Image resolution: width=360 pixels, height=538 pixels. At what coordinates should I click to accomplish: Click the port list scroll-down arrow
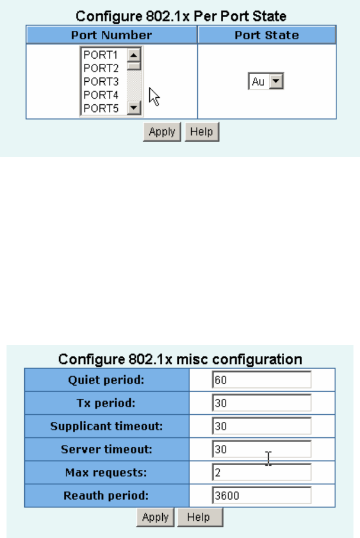point(133,108)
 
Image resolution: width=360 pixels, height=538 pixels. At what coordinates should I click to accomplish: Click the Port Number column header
point(111,35)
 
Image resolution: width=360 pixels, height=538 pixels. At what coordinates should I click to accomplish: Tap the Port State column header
point(266,35)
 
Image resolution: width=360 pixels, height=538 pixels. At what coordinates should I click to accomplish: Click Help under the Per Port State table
point(202,132)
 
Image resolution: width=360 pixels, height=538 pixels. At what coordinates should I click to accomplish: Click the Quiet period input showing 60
point(261,380)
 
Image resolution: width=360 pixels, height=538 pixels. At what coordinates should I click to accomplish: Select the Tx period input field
point(261,403)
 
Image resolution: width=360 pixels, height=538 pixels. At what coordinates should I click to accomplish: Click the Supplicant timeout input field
point(261,426)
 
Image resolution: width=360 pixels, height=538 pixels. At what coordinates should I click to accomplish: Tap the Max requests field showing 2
point(261,472)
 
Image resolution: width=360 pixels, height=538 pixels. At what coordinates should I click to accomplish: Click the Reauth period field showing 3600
point(261,495)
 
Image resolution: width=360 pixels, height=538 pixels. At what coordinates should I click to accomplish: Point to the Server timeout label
point(107,449)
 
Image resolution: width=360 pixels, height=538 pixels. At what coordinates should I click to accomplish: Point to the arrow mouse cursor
point(153,96)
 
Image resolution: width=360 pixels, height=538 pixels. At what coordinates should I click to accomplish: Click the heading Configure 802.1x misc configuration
point(180,359)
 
